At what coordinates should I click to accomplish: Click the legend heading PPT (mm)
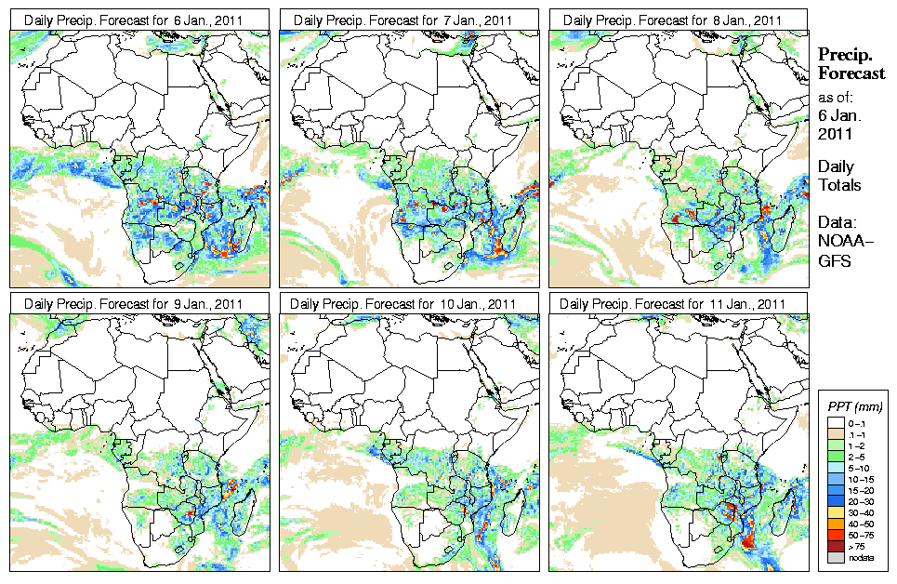855,406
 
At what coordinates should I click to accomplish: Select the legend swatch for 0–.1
837,423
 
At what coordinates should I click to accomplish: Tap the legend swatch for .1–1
837,434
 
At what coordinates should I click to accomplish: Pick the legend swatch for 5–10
837,469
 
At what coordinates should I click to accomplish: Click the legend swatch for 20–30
837,502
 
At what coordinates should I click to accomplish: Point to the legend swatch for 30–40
837,513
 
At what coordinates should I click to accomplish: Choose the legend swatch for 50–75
837,536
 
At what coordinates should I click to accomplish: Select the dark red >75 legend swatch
837,547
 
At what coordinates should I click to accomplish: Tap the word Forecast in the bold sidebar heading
851,74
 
